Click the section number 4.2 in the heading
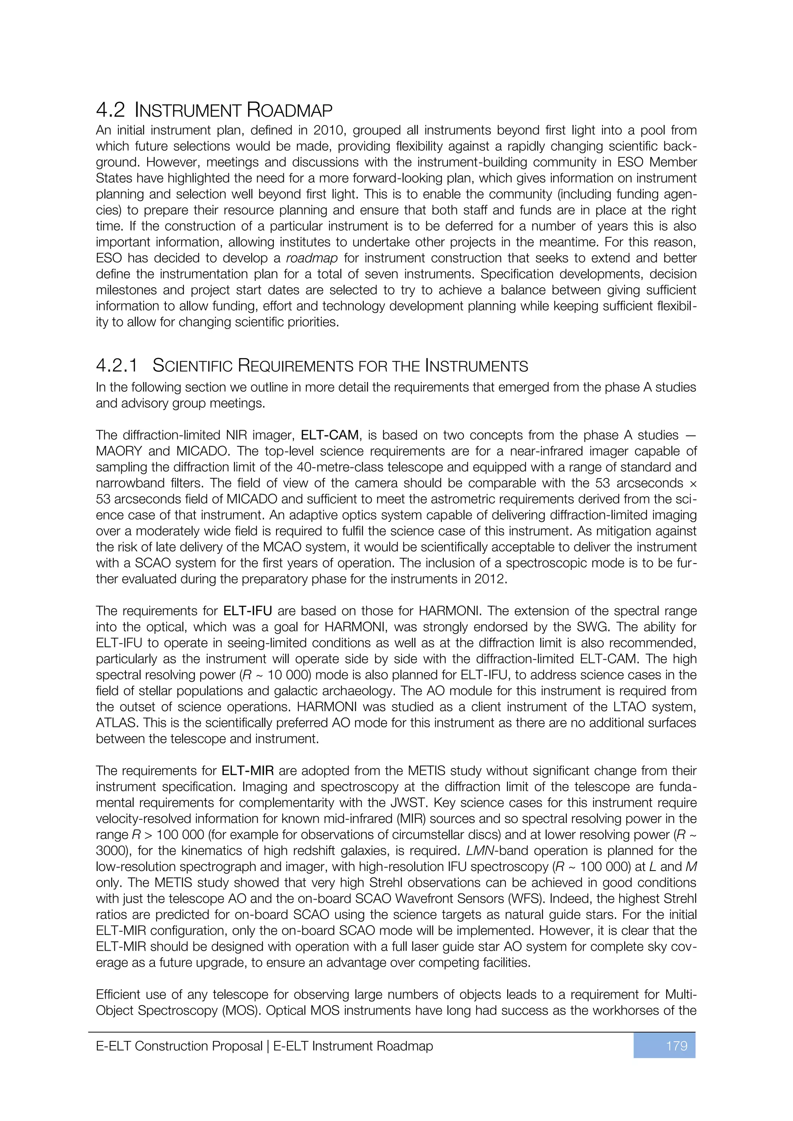point(110,110)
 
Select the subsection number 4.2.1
point(117,365)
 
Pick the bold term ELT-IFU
point(247,611)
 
